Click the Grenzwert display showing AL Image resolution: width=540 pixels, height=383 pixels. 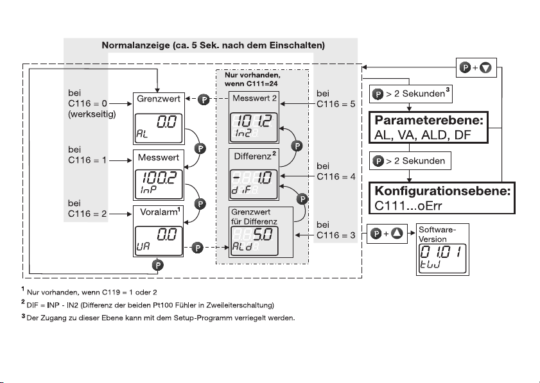(159, 128)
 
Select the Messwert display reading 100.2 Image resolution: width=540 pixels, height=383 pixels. (159, 185)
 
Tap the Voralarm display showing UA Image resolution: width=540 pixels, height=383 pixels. (159, 241)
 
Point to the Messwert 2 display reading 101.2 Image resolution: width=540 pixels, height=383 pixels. (254, 127)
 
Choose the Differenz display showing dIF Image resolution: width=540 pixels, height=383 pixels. (254, 184)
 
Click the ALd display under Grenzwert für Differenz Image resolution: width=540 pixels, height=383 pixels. (254, 241)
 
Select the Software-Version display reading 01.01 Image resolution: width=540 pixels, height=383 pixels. (442, 259)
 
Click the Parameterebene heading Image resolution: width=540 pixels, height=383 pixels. (429, 120)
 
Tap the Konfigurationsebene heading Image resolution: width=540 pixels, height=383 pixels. (442, 191)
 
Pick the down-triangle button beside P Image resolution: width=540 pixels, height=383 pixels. (485, 67)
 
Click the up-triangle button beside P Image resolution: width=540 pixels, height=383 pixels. (397, 234)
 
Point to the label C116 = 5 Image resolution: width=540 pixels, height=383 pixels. (336, 104)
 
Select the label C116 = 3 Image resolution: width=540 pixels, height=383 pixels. (336, 235)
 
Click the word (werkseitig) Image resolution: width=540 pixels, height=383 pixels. (92, 114)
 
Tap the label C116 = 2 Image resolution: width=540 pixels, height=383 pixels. (87, 214)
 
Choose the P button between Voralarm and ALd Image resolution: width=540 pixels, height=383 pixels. (197, 248)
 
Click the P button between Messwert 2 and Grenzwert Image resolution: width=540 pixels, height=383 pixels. (204, 100)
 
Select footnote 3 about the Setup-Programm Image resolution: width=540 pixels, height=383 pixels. (159, 318)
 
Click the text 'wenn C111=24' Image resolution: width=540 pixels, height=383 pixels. (251, 83)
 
